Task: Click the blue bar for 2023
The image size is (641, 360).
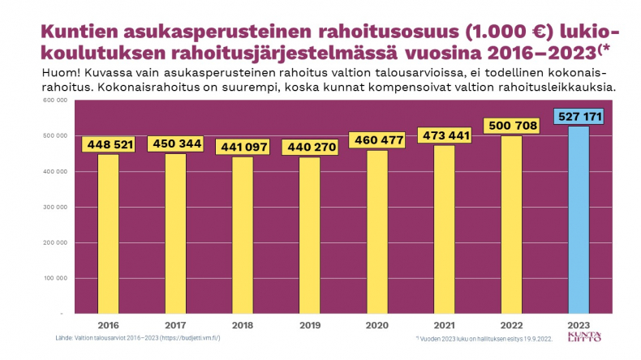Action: click(578, 219)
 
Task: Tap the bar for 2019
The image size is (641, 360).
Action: click(309, 235)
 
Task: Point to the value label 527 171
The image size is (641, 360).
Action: click(578, 118)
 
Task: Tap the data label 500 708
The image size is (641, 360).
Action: click(510, 126)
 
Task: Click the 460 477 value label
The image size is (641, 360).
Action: click(376, 140)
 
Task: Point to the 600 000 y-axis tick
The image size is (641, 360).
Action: click(54, 101)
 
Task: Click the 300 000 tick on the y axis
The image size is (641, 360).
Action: click(54, 207)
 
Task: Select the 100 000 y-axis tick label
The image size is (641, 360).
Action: click(54, 278)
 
